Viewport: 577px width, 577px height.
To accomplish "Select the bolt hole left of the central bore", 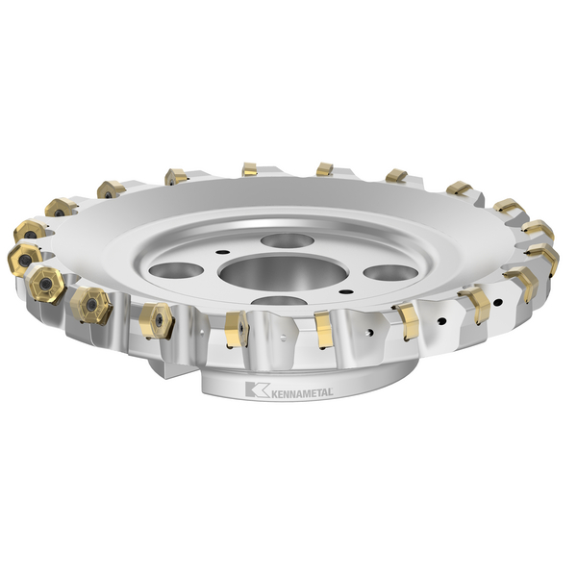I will click(x=176, y=270).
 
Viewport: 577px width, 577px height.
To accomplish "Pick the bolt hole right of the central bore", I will click(x=389, y=272).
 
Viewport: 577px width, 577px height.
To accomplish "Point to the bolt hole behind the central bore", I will click(x=287, y=240).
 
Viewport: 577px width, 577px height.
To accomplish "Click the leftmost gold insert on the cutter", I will click(x=25, y=259).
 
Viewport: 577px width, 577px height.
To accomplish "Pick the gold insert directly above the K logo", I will click(x=236, y=328).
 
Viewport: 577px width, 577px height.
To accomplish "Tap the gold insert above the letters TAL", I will click(x=324, y=329).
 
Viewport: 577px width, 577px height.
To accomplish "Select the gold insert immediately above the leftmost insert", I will click(x=30, y=231).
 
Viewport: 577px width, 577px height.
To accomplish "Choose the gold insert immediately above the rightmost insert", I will click(x=538, y=231).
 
